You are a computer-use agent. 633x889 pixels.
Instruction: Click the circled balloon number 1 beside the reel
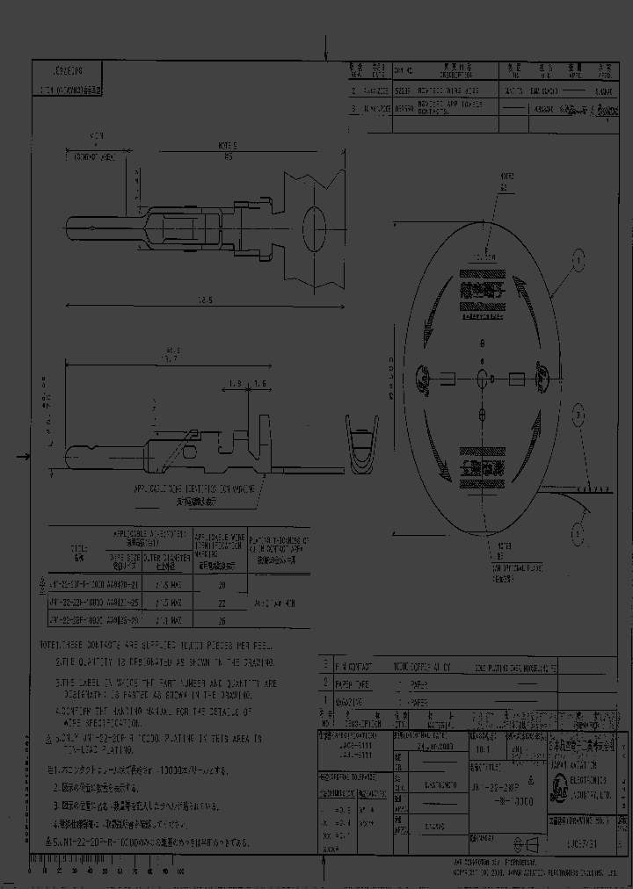pyautogui.click(x=578, y=258)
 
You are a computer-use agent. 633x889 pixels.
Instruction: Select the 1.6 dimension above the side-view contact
pyautogui.click(x=261, y=383)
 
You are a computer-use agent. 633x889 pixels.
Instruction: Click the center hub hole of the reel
pyautogui.click(x=482, y=379)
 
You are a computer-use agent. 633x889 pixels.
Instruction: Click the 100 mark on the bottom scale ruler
pyautogui.click(x=180, y=871)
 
